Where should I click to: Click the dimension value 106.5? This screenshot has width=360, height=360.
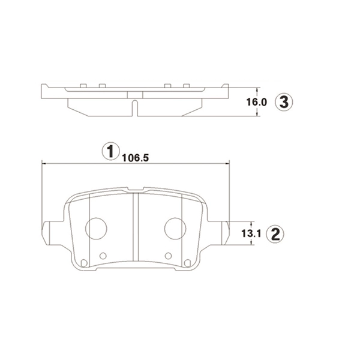click(136, 158)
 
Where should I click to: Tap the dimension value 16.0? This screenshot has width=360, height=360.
click(257, 102)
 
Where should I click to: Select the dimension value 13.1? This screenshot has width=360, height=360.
click(251, 234)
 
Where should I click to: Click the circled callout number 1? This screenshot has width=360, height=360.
click(111, 151)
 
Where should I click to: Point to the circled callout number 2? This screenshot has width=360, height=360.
click(275, 234)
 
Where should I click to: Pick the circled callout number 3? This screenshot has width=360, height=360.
click(284, 102)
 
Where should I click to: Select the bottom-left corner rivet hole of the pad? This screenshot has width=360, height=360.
click(84, 263)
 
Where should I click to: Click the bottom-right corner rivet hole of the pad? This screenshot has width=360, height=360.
click(188, 263)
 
